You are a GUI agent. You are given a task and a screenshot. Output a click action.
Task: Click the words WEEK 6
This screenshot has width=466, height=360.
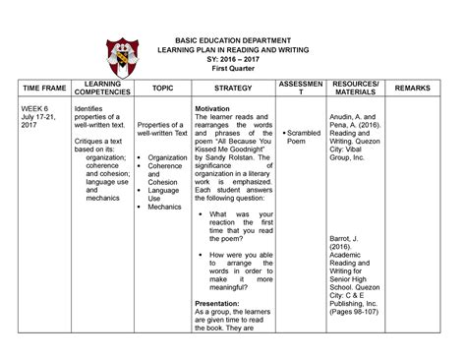(36, 109)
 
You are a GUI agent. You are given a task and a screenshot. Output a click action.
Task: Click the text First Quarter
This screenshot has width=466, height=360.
(234, 69)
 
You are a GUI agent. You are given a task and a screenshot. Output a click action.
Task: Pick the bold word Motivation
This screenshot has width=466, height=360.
(213, 108)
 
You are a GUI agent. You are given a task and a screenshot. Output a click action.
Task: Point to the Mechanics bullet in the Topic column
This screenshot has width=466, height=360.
(164, 207)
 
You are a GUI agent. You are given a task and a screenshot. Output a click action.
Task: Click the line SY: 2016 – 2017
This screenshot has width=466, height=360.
(234, 57)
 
